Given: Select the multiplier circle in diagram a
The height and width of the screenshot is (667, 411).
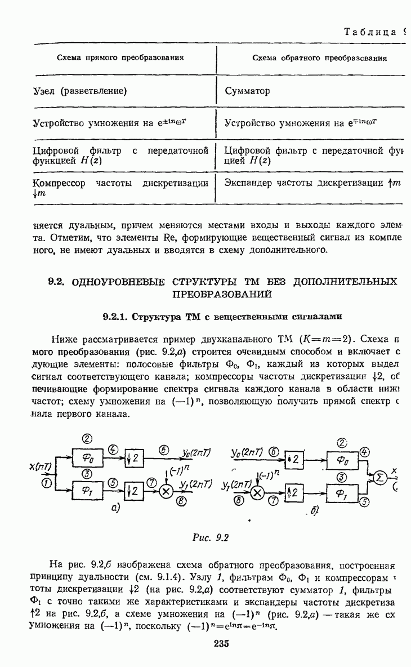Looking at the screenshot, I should (x=167, y=491).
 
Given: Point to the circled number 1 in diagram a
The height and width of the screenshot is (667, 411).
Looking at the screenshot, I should (x=46, y=483).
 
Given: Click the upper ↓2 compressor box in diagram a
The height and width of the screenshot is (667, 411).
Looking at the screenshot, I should (x=135, y=459).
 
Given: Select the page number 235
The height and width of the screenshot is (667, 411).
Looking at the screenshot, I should (x=221, y=644).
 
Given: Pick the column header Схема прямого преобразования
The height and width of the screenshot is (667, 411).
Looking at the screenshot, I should (x=122, y=57).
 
